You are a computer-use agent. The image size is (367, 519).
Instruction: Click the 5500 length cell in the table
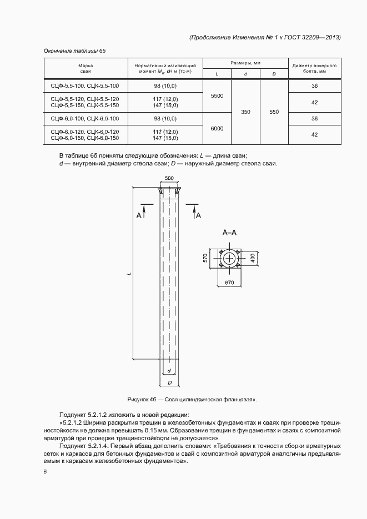coord(217,96)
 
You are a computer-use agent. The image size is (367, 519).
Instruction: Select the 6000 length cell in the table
coord(217,128)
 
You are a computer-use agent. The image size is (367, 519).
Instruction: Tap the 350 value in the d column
coord(245,112)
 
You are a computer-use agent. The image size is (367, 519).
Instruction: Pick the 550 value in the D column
coord(274,112)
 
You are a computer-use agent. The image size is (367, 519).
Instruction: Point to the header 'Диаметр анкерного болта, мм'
coord(314,69)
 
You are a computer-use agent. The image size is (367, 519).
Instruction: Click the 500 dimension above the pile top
coord(169,178)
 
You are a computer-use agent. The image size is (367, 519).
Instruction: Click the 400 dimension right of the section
coord(252,258)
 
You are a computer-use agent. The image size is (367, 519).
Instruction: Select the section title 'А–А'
coord(229,233)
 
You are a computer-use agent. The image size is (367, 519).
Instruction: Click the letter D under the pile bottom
coord(169,383)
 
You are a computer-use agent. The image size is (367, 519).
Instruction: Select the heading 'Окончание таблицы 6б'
coord(75,51)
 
